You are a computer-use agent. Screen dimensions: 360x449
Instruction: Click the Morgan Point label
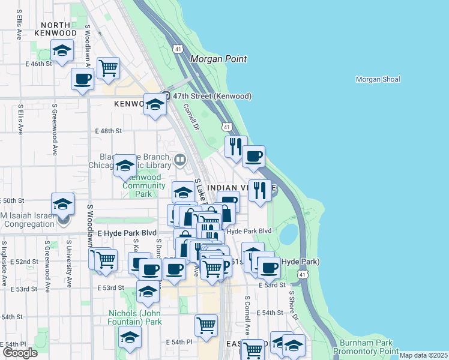(218, 59)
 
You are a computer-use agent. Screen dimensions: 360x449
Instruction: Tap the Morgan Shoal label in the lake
(378, 79)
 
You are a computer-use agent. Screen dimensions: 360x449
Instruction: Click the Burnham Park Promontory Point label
(366, 347)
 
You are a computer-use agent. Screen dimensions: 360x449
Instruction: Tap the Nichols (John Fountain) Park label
(135, 317)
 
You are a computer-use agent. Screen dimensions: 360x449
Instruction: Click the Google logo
(20, 353)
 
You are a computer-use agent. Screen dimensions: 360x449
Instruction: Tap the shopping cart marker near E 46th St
(108, 68)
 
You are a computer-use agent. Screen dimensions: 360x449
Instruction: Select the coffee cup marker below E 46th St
(83, 78)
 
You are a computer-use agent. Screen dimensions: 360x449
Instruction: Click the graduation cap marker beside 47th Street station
(155, 106)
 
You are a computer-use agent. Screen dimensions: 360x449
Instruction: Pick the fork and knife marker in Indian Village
(259, 190)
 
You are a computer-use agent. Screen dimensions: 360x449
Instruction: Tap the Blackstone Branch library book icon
(180, 160)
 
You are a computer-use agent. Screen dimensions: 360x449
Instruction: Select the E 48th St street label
(108, 131)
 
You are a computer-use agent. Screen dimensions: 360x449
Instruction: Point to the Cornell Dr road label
(190, 116)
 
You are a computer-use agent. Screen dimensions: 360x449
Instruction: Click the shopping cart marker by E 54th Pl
(206, 325)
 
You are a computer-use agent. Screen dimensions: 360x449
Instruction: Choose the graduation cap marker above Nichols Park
(146, 292)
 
